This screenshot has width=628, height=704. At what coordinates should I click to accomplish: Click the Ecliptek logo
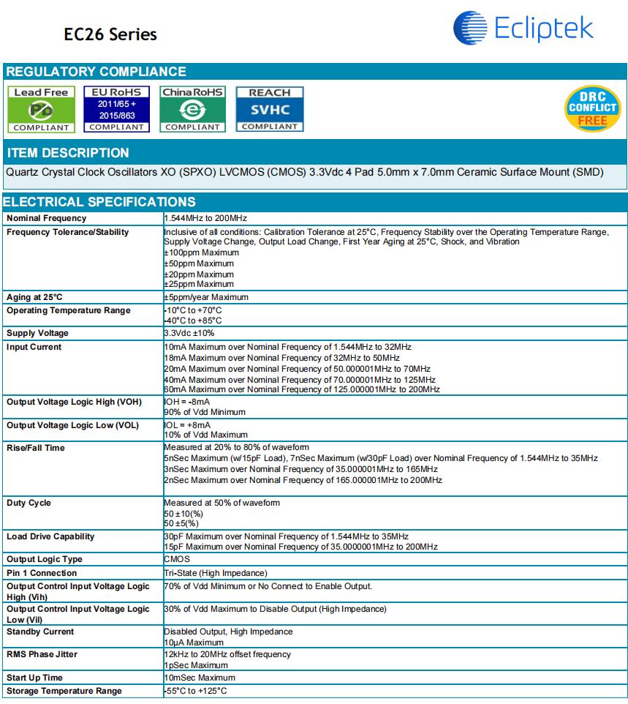pyautogui.click(x=523, y=27)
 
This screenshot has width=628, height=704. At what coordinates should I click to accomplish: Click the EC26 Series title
pyautogui.click(x=110, y=34)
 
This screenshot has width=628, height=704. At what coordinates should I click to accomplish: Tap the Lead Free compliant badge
pyautogui.click(x=41, y=110)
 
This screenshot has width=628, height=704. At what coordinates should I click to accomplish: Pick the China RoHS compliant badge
pyautogui.click(x=193, y=110)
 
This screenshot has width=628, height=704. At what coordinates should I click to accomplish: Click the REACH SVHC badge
pyautogui.click(x=269, y=110)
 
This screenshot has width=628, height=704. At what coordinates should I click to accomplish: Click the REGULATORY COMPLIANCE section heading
pyautogui.click(x=96, y=72)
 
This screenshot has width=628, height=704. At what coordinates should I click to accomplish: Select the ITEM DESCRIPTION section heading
pyautogui.click(x=67, y=153)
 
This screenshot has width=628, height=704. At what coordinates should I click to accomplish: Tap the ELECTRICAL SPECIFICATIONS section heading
pyautogui.click(x=99, y=202)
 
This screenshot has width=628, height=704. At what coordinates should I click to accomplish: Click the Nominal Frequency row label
pyautogui.click(x=46, y=218)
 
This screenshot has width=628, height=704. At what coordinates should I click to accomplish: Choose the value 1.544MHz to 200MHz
pyautogui.click(x=205, y=218)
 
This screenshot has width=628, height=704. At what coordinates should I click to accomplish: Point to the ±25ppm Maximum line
pyautogui.click(x=199, y=284)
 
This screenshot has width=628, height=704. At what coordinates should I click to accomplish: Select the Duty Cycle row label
pyautogui.click(x=29, y=503)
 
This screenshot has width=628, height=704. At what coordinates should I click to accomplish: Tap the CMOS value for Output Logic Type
pyautogui.click(x=177, y=559)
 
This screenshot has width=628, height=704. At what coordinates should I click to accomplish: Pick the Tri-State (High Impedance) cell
pyautogui.click(x=216, y=573)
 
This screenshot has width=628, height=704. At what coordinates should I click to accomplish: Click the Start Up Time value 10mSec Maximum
pyautogui.click(x=200, y=678)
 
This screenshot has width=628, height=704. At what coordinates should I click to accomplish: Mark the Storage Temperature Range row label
pyautogui.click(x=64, y=691)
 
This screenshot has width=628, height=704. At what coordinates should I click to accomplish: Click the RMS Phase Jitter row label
pyautogui.click(x=42, y=654)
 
